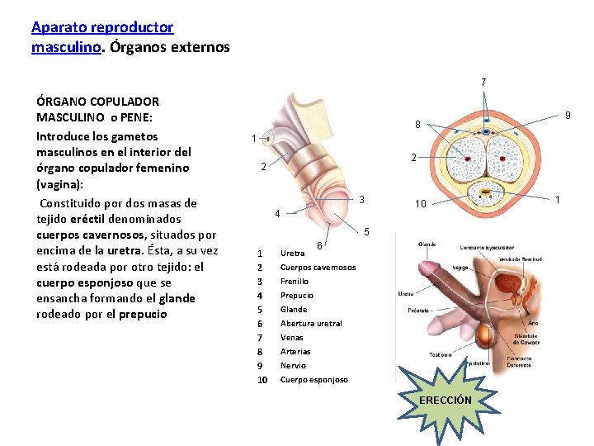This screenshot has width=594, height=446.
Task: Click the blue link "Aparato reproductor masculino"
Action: pyautogui.click(x=102, y=27)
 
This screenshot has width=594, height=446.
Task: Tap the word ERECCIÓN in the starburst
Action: pyautogui.click(x=445, y=400)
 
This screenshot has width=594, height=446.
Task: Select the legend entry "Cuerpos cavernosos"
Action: pyautogui.click(x=318, y=268)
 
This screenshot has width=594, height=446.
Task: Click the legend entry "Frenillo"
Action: pyautogui.click(x=295, y=282)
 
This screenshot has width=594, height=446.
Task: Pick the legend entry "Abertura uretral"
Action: pyautogui.click(x=311, y=324)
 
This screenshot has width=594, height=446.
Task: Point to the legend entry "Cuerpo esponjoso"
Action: pyautogui.click(x=313, y=380)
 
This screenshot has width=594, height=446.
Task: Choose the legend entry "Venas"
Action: pyautogui.click(x=291, y=338)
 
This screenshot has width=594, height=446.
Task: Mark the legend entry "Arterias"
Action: pyautogui.click(x=295, y=352)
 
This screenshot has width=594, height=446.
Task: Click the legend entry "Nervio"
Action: pyautogui.click(x=293, y=366)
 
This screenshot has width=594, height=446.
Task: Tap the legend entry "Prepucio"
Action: pyautogui.click(x=297, y=296)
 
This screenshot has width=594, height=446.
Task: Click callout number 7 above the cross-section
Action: pyautogui.click(x=484, y=82)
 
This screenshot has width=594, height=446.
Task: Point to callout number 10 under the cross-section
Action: pyautogui.click(x=421, y=204)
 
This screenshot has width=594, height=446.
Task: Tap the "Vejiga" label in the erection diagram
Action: pyautogui.click(x=461, y=268)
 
